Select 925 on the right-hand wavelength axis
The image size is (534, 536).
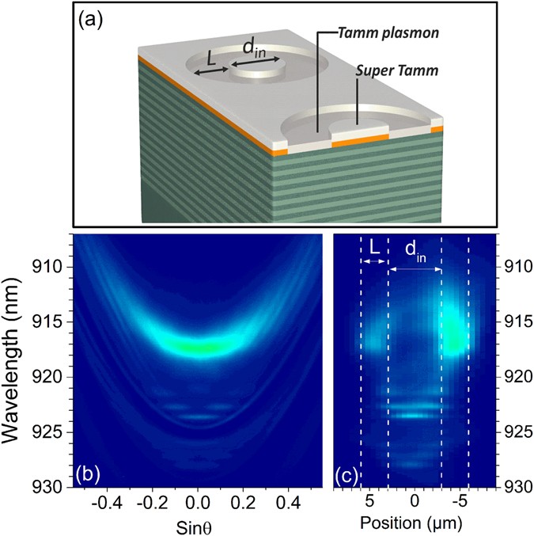(x=515, y=431)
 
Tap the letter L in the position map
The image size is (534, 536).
(x=375, y=249)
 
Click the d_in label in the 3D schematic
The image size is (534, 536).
(x=255, y=49)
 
